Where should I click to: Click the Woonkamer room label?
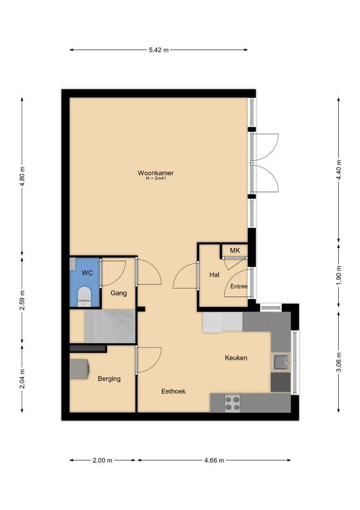[156, 173]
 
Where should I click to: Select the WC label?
[87, 273]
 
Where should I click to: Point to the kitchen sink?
[281, 362]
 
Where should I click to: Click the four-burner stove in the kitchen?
[233, 403]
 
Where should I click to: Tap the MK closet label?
[235, 250]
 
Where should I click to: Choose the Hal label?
[214, 275]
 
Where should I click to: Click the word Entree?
[239, 286]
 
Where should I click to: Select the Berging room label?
[109, 379]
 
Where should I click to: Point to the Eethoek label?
[174, 391]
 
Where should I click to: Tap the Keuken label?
[236, 358]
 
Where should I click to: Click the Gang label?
[118, 293]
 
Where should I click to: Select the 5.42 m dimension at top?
[159, 50]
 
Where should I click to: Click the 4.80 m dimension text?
[22, 176]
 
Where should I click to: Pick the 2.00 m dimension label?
[102, 460]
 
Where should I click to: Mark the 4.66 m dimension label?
[214, 460]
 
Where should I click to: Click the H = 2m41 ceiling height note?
[156, 178]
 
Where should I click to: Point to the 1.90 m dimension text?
[339, 275]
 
